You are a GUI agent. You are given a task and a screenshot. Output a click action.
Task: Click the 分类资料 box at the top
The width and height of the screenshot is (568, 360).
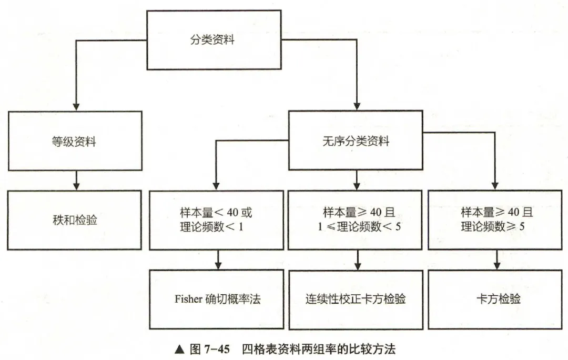click(x=212, y=40)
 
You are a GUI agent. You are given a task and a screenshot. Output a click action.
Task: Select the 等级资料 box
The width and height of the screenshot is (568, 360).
click(x=75, y=141)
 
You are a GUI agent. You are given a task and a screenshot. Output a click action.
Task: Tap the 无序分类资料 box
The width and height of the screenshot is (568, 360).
click(x=356, y=141)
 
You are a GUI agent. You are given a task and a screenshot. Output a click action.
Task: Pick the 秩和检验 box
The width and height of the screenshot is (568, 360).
click(x=75, y=219)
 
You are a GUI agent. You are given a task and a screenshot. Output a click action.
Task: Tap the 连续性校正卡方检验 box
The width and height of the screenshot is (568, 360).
click(x=356, y=299)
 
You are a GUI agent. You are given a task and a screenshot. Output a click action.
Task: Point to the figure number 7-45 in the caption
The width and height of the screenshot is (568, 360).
click(x=217, y=349)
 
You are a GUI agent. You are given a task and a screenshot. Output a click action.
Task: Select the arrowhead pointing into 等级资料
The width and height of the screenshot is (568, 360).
click(x=77, y=106)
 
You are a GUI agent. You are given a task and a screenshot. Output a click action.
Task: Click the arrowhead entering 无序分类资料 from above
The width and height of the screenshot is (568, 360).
click(x=357, y=106)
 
